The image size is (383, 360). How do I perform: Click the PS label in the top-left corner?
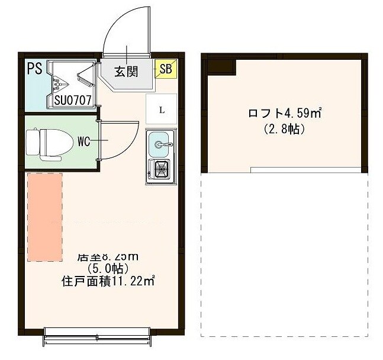click(34, 67)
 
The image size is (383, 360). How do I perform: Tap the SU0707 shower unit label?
click(73, 100)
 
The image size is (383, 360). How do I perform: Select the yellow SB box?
click(165, 70)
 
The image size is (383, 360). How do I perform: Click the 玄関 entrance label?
click(126, 72)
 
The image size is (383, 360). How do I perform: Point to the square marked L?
click(161, 110)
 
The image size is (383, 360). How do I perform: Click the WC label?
click(83, 142)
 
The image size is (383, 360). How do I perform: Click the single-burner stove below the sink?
click(160, 171)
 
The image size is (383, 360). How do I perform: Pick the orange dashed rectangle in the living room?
click(45, 217)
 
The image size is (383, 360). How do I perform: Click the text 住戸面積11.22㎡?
click(108, 281)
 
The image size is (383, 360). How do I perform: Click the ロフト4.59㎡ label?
click(284, 112)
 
